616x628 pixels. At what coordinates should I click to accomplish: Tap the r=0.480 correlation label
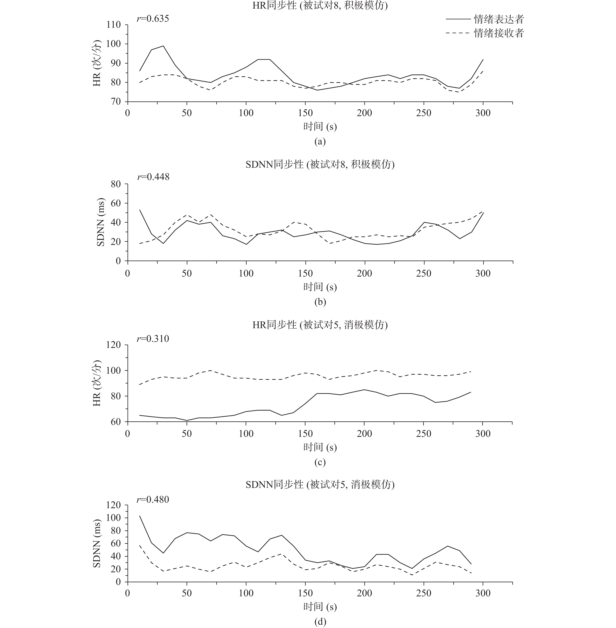click(153, 499)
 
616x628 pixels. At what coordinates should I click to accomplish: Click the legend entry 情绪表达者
click(498, 19)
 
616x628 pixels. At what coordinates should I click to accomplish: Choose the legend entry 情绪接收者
click(498, 33)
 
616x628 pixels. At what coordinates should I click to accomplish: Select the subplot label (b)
click(320, 302)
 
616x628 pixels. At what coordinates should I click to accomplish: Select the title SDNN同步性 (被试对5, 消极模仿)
click(320, 484)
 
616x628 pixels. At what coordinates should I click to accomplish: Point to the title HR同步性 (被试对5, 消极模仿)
click(320, 325)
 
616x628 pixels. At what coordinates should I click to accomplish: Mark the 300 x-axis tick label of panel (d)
click(483, 593)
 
